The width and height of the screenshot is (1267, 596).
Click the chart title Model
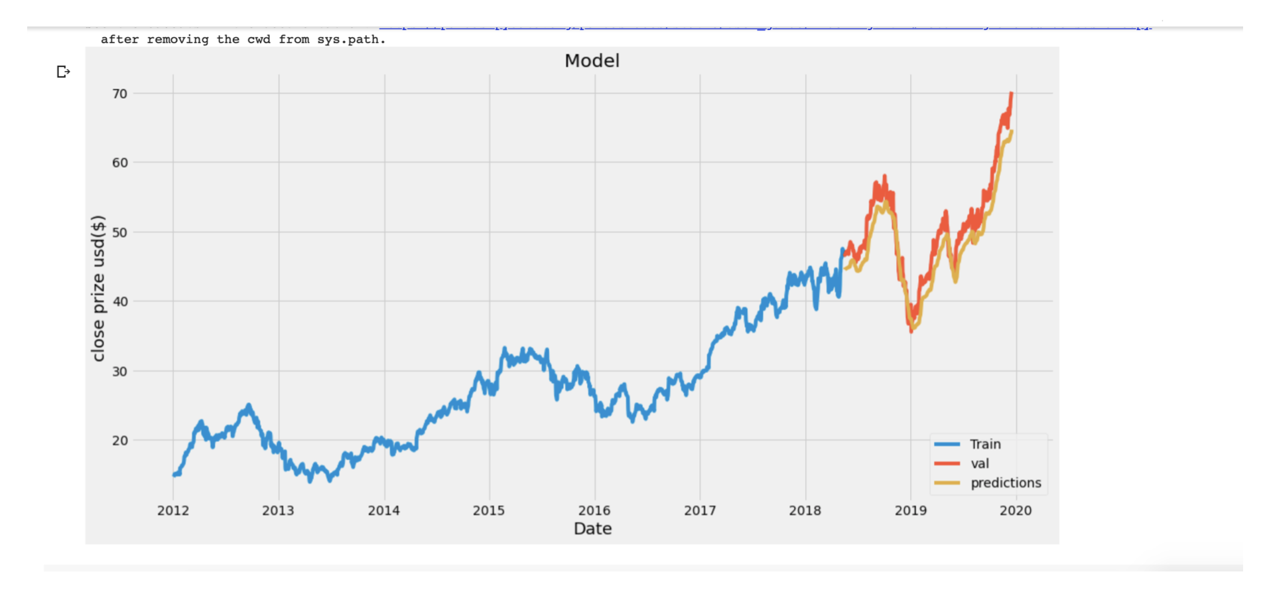pyautogui.click(x=592, y=61)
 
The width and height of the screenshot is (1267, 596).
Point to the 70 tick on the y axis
pyautogui.click(x=120, y=94)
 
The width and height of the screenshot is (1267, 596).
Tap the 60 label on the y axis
pyautogui.click(x=120, y=163)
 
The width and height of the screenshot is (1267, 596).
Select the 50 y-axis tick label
pyautogui.click(x=120, y=232)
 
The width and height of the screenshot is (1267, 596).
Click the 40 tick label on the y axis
pyautogui.click(x=120, y=301)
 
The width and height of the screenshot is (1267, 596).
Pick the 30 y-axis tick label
pyautogui.click(x=120, y=371)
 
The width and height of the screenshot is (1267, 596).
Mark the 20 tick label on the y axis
pyautogui.click(x=120, y=440)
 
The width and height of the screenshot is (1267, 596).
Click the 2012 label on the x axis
pyautogui.click(x=173, y=510)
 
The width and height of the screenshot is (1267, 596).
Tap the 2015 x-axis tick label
pyautogui.click(x=489, y=510)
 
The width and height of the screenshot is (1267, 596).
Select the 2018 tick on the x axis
pyautogui.click(x=805, y=510)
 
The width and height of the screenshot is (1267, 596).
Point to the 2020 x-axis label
pyautogui.click(x=1016, y=510)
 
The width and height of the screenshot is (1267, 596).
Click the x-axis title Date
pyautogui.click(x=592, y=528)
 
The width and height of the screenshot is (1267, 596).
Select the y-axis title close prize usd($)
pyautogui.click(x=98, y=288)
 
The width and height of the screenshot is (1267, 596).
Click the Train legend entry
pyautogui.click(x=985, y=444)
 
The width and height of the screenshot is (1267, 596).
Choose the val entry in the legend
pyautogui.click(x=980, y=463)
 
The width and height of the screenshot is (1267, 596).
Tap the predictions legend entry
pyautogui.click(x=1006, y=483)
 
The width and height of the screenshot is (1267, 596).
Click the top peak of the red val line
pyautogui.click(x=1011, y=94)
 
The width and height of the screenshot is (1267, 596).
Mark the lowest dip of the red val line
pyautogui.click(x=911, y=331)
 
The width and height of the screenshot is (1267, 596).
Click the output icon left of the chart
pyautogui.click(x=64, y=72)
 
